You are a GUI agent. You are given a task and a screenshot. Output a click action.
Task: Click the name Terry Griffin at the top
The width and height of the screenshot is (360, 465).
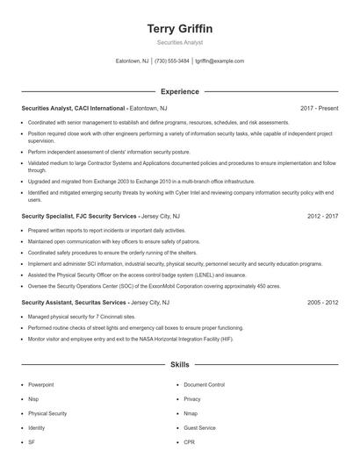click(x=180, y=29)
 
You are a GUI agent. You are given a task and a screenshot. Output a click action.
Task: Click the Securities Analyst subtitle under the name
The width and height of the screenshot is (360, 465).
click(x=180, y=42)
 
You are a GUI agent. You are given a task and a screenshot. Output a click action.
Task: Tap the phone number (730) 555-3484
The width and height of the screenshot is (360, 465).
click(x=172, y=61)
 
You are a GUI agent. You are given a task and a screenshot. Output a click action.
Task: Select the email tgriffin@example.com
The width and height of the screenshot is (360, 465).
click(x=220, y=61)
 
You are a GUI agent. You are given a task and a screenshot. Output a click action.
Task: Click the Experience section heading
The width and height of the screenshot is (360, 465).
click(x=180, y=91)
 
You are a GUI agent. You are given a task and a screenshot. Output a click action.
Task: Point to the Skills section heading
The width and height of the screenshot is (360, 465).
click(x=180, y=363)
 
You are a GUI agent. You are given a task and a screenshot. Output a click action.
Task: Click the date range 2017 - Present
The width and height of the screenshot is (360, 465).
click(x=320, y=109)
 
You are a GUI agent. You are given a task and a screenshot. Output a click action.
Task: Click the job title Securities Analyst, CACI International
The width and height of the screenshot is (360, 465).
click(x=75, y=109)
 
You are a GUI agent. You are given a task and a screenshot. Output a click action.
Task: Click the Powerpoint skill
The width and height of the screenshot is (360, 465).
click(x=41, y=385)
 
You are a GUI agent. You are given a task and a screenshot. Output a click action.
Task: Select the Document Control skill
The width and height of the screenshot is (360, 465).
click(x=205, y=385)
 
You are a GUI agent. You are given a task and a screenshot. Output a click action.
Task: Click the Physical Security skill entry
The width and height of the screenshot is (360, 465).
click(x=47, y=413)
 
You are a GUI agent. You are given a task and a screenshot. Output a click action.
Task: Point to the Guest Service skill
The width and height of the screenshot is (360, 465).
click(x=200, y=427)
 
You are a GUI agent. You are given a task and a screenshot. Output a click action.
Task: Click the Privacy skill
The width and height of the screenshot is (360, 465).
click(x=193, y=399)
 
